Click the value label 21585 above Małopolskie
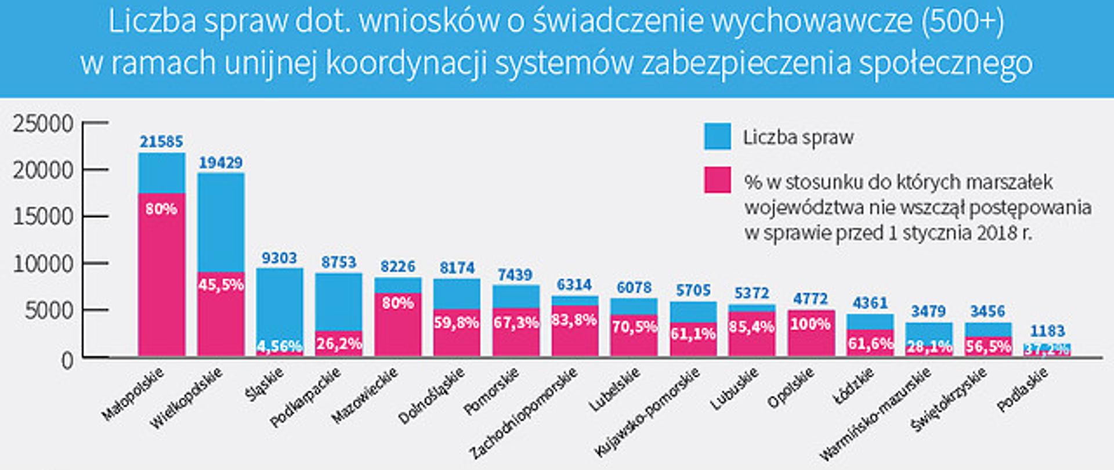pos(161,142)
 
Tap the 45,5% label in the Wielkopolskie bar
pos(220,285)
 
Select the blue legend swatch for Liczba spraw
pos(717,137)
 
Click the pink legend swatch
pos(717,180)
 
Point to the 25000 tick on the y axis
pos(43,124)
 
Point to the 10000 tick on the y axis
pos(43,264)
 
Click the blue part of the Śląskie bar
pos(279,302)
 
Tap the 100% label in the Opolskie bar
pos(811,324)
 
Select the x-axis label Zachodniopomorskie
pos(524,413)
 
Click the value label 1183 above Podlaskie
pos(1047,331)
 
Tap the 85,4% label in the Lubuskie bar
pos(752,327)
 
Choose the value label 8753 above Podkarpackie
pos(339,262)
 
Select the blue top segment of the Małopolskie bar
pos(161,173)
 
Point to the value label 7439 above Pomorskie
pos(516,274)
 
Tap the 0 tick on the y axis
pos(67,360)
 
